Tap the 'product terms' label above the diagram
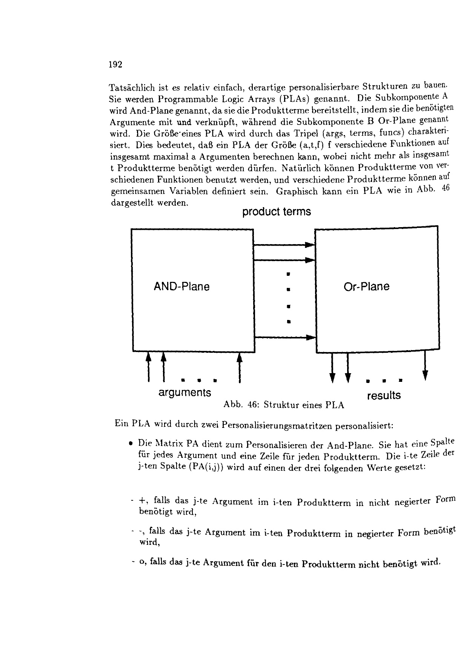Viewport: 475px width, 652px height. pos(277,212)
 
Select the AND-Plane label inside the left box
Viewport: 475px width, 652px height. pos(181,287)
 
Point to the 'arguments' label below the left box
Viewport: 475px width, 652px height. pos(184,392)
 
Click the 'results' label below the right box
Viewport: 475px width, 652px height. pos(384,396)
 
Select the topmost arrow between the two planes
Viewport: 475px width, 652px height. pos(284,245)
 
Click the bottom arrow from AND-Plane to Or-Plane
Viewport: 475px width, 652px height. pos(284,338)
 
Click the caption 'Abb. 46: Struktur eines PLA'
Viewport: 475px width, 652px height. pos(284,405)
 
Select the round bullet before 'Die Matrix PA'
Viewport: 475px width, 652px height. pos(131,442)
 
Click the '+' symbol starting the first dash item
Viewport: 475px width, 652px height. pos(142,501)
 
